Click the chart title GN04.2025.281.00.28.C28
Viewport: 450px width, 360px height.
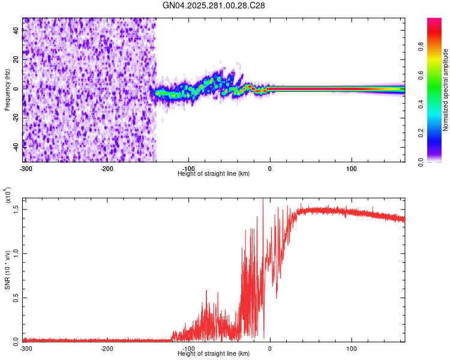(214, 5)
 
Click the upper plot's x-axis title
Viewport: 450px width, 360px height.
(214, 173)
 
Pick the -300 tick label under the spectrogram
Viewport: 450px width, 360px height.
(25, 168)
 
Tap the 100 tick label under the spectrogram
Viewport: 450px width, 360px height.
(350, 168)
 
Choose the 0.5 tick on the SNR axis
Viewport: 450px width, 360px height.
(16, 296)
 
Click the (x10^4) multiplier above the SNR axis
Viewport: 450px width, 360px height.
(7, 195)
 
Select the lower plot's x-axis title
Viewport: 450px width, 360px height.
(214, 353)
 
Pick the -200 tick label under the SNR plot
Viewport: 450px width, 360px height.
(107, 348)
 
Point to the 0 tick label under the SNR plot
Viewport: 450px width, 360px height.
(269, 348)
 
